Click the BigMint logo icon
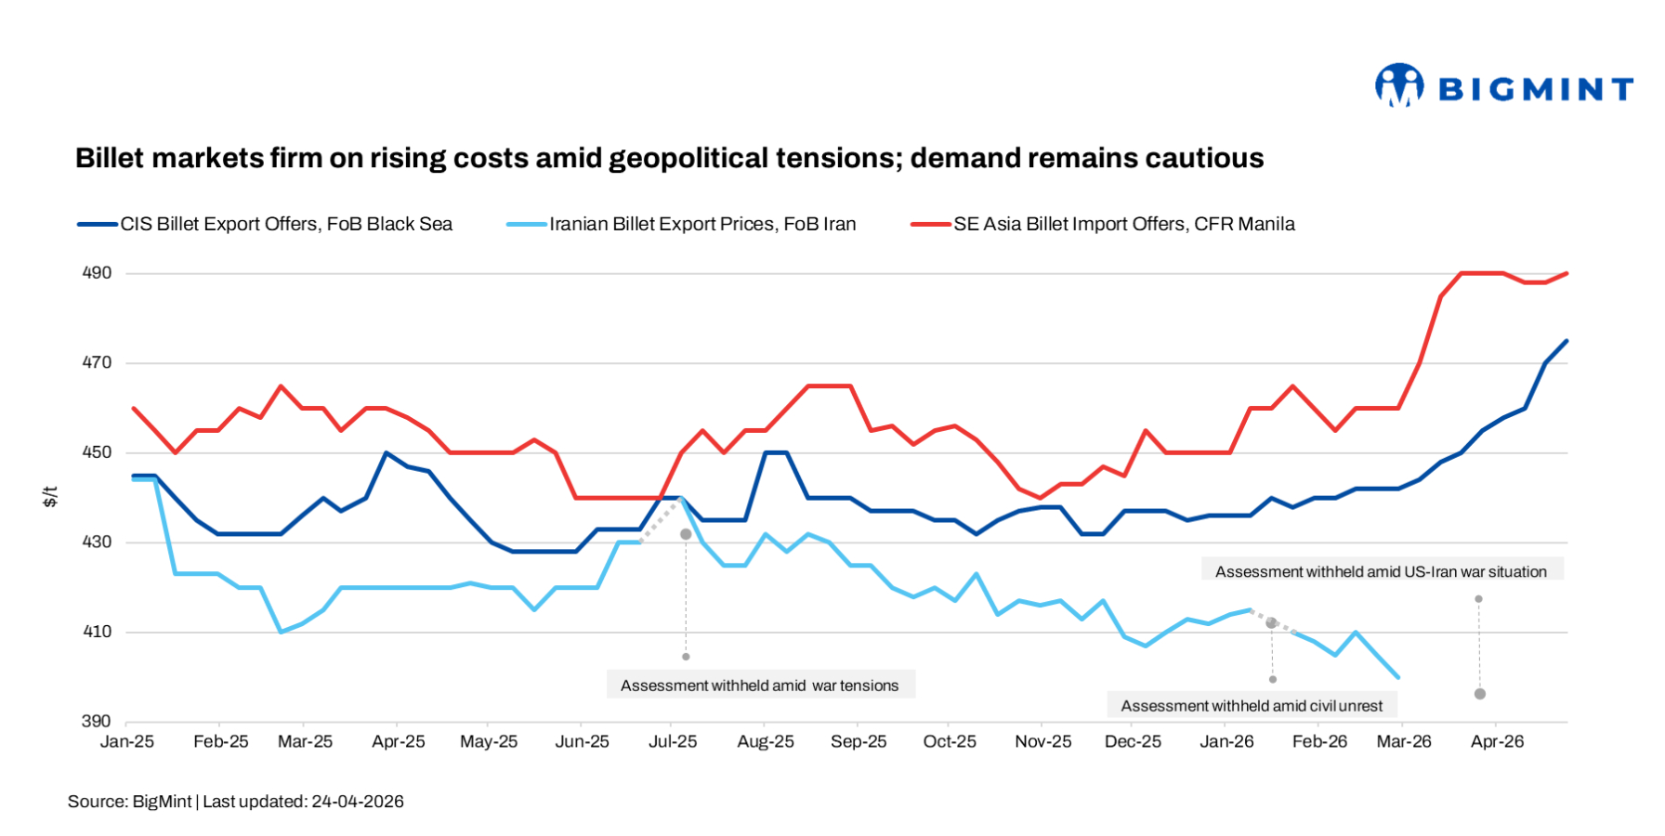(x=1399, y=85)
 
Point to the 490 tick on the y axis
(x=97, y=273)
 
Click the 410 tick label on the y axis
(x=97, y=632)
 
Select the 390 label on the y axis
(x=97, y=721)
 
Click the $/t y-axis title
(x=51, y=497)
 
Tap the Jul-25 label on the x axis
(x=673, y=741)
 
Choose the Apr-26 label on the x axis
(x=1497, y=741)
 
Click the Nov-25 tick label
(x=1042, y=741)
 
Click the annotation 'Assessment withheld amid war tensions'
(x=759, y=686)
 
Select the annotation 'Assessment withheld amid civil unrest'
(x=1251, y=706)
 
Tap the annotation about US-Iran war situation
(x=1381, y=572)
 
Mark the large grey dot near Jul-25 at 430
(x=686, y=534)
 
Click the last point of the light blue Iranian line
(x=1398, y=677)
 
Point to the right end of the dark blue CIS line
(x=1567, y=341)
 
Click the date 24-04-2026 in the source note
(x=358, y=802)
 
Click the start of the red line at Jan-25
(x=134, y=408)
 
